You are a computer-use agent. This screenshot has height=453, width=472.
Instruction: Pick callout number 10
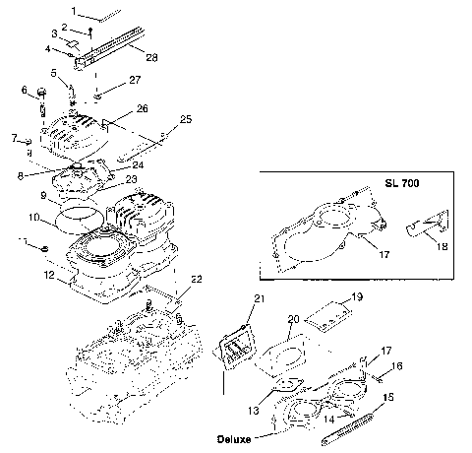(x=32, y=217)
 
